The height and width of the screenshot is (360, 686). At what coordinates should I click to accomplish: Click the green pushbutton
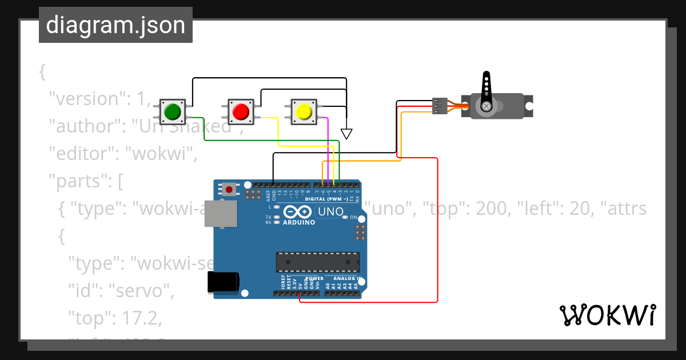pos(172,111)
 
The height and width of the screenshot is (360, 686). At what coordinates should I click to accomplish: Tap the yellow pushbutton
pos(304,111)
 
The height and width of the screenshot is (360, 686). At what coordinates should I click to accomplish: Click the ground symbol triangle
pos(346,134)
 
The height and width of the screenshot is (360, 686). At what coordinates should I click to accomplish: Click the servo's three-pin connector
pos(439,106)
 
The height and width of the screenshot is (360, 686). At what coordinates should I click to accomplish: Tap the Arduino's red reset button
pos(230,189)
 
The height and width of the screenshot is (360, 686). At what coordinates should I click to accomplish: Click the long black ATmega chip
pos(318,261)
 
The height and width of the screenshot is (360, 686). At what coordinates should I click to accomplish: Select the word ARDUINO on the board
pos(299,222)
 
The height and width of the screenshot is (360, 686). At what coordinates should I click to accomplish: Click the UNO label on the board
pos(330,212)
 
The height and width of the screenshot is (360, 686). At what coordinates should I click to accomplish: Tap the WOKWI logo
pos(607,315)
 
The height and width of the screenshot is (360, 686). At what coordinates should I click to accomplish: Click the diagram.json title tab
pos(115,25)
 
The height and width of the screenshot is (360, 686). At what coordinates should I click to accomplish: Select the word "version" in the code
pos(88,99)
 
